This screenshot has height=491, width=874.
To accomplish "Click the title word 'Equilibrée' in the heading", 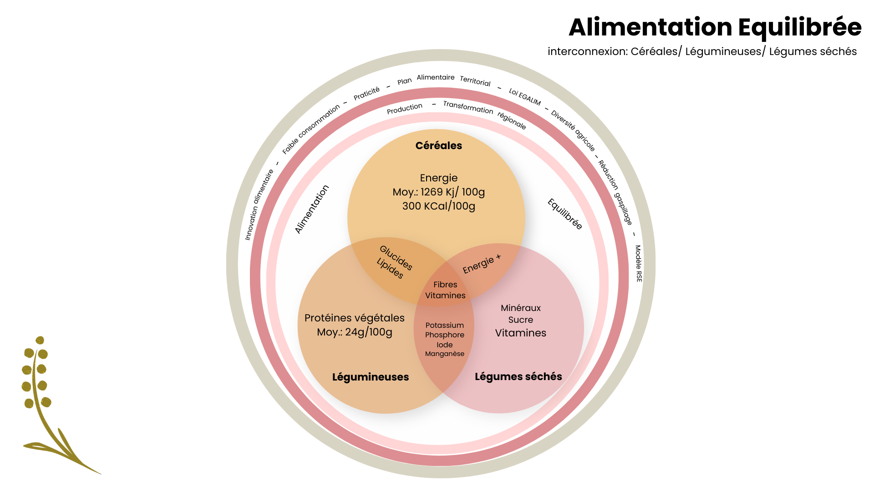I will (x=799, y=27).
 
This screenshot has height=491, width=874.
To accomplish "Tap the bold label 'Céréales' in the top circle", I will (x=438, y=145).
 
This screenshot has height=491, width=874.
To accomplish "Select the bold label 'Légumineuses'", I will (x=370, y=377).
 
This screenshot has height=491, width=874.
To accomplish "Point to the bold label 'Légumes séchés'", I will (x=518, y=376).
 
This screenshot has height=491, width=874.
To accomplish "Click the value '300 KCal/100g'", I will (x=438, y=206).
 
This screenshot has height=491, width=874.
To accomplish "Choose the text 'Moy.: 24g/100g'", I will (x=354, y=332).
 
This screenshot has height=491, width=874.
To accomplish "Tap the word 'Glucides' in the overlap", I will (x=396, y=258).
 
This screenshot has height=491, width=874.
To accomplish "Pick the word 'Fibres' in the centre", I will (x=445, y=285).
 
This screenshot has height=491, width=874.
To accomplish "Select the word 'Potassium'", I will (x=444, y=325).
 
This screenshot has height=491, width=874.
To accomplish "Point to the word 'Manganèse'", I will (x=444, y=354).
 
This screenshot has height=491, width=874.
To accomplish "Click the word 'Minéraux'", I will (x=520, y=308).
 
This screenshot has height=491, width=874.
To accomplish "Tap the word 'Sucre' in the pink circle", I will (x=520, y=320).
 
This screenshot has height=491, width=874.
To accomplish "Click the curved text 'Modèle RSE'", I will (x=638, y=263).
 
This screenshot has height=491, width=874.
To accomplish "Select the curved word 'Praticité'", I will (x=366, y=93).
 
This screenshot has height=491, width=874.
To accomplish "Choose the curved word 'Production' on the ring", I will (x=404, y=108).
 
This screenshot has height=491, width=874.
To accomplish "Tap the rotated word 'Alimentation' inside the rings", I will (x=312, y=209).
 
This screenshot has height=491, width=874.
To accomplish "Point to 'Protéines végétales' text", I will (x=354, y=318).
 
